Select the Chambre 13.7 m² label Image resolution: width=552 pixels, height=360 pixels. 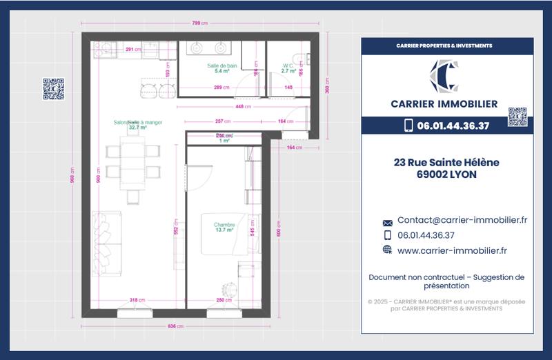224,228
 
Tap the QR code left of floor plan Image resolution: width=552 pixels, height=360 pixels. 53,89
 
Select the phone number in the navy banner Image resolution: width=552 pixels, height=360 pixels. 455,126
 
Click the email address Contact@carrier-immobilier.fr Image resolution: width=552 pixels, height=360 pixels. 462,220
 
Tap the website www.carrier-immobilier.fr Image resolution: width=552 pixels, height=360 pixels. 452,250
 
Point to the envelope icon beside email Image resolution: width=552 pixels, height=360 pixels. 387,222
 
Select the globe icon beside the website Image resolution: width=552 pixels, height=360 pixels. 387,250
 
